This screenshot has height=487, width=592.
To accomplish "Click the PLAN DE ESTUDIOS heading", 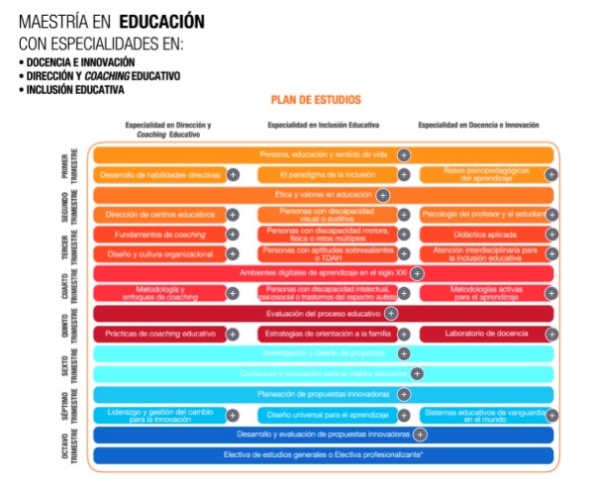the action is (x=316, y=100).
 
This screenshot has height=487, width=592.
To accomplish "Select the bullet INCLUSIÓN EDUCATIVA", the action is (x=73, y=90).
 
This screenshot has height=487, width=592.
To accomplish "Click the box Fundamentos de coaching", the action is (x=158, y=235).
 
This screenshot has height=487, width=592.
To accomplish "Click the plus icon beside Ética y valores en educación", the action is (x=382, y=195).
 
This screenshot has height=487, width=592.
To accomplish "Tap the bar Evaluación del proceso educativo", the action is (x=323, y=313).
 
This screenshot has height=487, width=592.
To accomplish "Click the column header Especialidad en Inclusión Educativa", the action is (x=322, y=126).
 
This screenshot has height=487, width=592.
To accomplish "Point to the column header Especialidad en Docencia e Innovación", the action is (x=478, y=126).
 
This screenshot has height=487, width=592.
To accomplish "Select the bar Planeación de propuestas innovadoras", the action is (x=323, y=394).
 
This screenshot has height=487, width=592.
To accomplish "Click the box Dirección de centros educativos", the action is (x=158, y=214).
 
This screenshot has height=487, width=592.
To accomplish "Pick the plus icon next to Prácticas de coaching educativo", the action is (x=233, y=335).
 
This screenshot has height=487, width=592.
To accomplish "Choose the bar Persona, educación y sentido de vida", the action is (x=323, y=154).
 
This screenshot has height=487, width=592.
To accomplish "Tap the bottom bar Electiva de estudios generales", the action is (x=323, y=455).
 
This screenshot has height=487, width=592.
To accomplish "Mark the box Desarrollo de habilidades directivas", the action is (x=158, y=174).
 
